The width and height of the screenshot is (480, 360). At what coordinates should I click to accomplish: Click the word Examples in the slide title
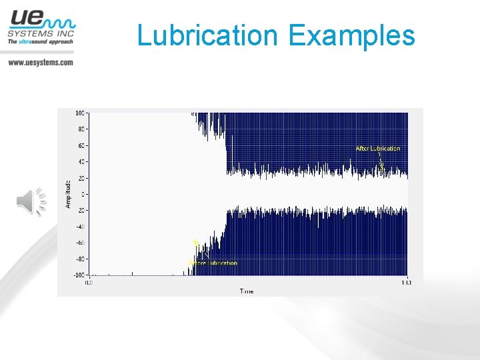[352, 35]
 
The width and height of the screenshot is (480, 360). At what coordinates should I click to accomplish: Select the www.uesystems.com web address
[40, 62]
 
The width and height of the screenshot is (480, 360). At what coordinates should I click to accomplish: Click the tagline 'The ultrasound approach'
[40, 41]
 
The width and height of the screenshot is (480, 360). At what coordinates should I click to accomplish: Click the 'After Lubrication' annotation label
[377, 149]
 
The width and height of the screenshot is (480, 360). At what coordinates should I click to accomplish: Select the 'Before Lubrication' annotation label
[215, 263]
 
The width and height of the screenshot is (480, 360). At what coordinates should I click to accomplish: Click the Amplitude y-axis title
[68, 194]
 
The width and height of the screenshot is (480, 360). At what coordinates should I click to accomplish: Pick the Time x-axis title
[247, 291]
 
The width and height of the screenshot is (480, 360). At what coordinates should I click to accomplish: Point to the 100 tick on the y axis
[81, 113]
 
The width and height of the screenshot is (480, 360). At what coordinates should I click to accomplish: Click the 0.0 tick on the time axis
[89, 283]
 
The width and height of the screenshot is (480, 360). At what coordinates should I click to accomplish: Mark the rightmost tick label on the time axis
[406, 283]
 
